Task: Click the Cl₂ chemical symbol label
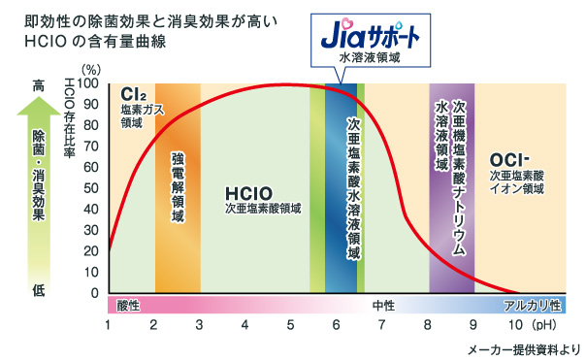point(132,95)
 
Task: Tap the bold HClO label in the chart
point(247,191)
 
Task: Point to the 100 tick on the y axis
point(89,83)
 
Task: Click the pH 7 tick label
point(380,324)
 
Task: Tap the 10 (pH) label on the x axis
point(524,324)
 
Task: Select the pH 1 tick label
point(108,324)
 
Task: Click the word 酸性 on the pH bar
point(128,306)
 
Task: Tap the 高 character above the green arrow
point(39,84)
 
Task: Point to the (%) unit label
point(92,69)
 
